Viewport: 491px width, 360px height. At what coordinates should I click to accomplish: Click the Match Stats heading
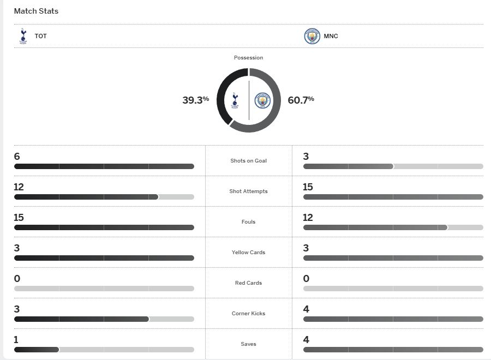(36, 11)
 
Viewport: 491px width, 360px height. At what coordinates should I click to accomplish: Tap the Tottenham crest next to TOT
(23, 36)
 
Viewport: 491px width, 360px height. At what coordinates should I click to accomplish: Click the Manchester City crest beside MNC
(312, 36)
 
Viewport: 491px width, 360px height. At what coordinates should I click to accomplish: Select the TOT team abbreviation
(41, 37)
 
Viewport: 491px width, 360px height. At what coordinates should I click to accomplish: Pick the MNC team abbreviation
(331, 37)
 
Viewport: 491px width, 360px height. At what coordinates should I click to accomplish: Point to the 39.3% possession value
(195, 100)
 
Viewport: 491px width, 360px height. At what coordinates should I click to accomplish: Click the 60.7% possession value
(301, 100)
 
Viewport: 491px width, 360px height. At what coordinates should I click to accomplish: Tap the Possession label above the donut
(248, 58)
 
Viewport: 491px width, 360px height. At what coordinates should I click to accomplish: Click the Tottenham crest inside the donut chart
(235, 100)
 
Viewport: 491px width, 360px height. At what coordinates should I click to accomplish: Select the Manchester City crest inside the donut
(262, 100)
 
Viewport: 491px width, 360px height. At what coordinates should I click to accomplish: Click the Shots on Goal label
(248, 161)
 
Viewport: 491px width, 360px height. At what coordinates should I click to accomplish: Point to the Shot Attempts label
(248, 191)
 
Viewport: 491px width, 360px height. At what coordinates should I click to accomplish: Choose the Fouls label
(248, 222)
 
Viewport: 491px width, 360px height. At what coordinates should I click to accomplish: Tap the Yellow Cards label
(248, 253)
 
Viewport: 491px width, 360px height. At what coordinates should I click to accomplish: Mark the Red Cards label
(248, 283)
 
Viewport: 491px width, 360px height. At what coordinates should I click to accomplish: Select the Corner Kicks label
(248, 314)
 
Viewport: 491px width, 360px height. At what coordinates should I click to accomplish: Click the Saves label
(248, 344)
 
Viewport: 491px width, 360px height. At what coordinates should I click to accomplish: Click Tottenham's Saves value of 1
(16, 340)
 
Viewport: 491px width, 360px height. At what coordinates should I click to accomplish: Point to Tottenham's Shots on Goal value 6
(17, 157)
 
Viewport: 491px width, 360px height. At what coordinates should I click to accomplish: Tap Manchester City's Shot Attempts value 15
(308, 187)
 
